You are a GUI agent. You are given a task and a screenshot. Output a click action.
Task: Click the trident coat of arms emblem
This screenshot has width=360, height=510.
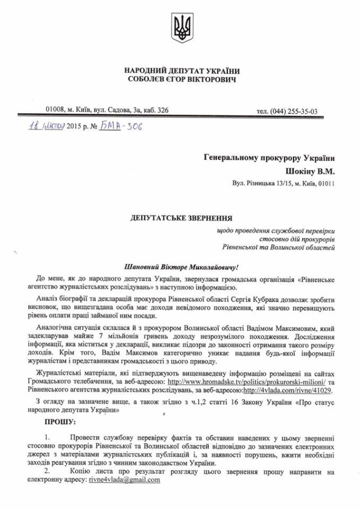[x=181, y=30]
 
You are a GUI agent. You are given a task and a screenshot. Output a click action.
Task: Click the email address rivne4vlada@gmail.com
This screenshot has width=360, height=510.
[x=124, y=480]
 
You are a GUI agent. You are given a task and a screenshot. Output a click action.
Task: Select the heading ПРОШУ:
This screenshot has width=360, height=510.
[x=60, y=421]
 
